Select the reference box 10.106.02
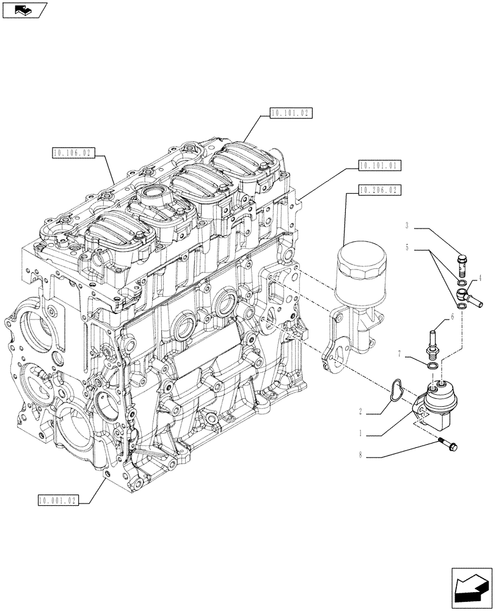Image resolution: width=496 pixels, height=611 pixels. click(72, 153)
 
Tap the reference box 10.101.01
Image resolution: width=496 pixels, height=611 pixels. click(379, 165)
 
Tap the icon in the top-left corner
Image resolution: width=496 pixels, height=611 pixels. click(23, 10)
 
